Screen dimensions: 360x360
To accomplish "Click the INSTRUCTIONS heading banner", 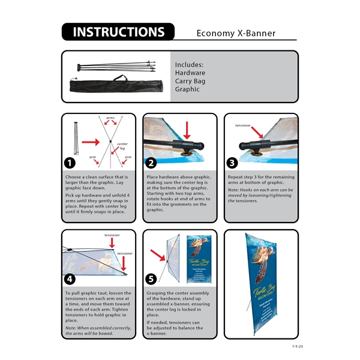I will click(118, 32).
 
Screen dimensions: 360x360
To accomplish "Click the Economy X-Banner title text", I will click(236, 33).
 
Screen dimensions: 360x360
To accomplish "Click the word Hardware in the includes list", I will click(190, 73).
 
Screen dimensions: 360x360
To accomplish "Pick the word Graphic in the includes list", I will click(188, 89).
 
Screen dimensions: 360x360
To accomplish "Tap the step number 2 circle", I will click(151, 163).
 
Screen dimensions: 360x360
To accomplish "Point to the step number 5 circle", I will click(151, 279).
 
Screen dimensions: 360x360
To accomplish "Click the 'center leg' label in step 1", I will click(122, 146).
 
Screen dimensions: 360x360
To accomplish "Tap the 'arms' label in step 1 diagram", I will click(110, 118).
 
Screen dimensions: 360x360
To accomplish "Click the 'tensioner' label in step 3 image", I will click(243, 126).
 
